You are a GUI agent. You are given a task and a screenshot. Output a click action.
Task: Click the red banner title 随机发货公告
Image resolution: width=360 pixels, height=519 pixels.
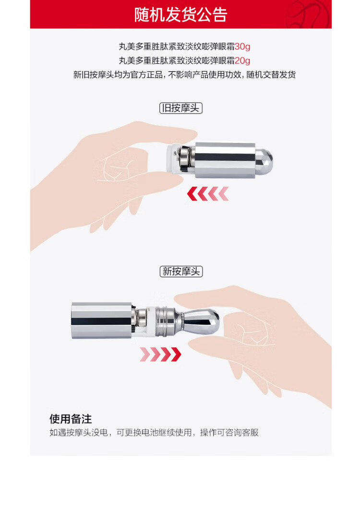(180, 14)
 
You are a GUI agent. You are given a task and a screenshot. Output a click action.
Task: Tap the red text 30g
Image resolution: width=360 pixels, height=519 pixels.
(242, 47)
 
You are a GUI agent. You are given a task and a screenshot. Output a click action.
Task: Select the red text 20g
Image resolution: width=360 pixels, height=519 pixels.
(242, 60)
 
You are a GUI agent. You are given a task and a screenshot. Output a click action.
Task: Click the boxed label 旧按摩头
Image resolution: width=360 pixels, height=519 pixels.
(181, 108)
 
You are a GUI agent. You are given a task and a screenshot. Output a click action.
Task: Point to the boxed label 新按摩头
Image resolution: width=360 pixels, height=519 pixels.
(181, 271)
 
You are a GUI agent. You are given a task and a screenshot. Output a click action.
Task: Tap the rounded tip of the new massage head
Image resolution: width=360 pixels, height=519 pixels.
(207, 321)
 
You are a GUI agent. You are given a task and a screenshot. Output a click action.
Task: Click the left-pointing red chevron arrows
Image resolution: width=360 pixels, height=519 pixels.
(208, 194)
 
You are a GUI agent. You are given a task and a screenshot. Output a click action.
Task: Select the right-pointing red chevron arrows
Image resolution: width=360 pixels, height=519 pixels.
(161, 354)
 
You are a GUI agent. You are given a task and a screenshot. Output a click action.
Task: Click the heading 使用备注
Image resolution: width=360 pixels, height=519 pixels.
(71, 419)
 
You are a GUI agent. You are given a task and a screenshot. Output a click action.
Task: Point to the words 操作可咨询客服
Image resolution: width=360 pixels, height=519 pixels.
(229, 433)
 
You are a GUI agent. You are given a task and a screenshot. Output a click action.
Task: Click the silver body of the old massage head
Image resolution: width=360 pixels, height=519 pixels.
(225, 161)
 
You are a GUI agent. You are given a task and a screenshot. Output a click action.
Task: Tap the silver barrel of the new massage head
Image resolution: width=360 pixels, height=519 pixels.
(102, 320)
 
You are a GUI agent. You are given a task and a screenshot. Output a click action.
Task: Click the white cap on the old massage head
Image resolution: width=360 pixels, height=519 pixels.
(171, 158)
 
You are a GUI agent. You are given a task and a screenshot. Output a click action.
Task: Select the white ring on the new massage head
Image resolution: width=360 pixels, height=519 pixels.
(151, 321)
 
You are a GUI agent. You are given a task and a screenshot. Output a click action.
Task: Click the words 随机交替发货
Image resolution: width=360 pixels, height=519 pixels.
(271, 75)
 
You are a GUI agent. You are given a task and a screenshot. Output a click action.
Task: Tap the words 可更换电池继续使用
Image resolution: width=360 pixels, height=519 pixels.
(154, 433)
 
